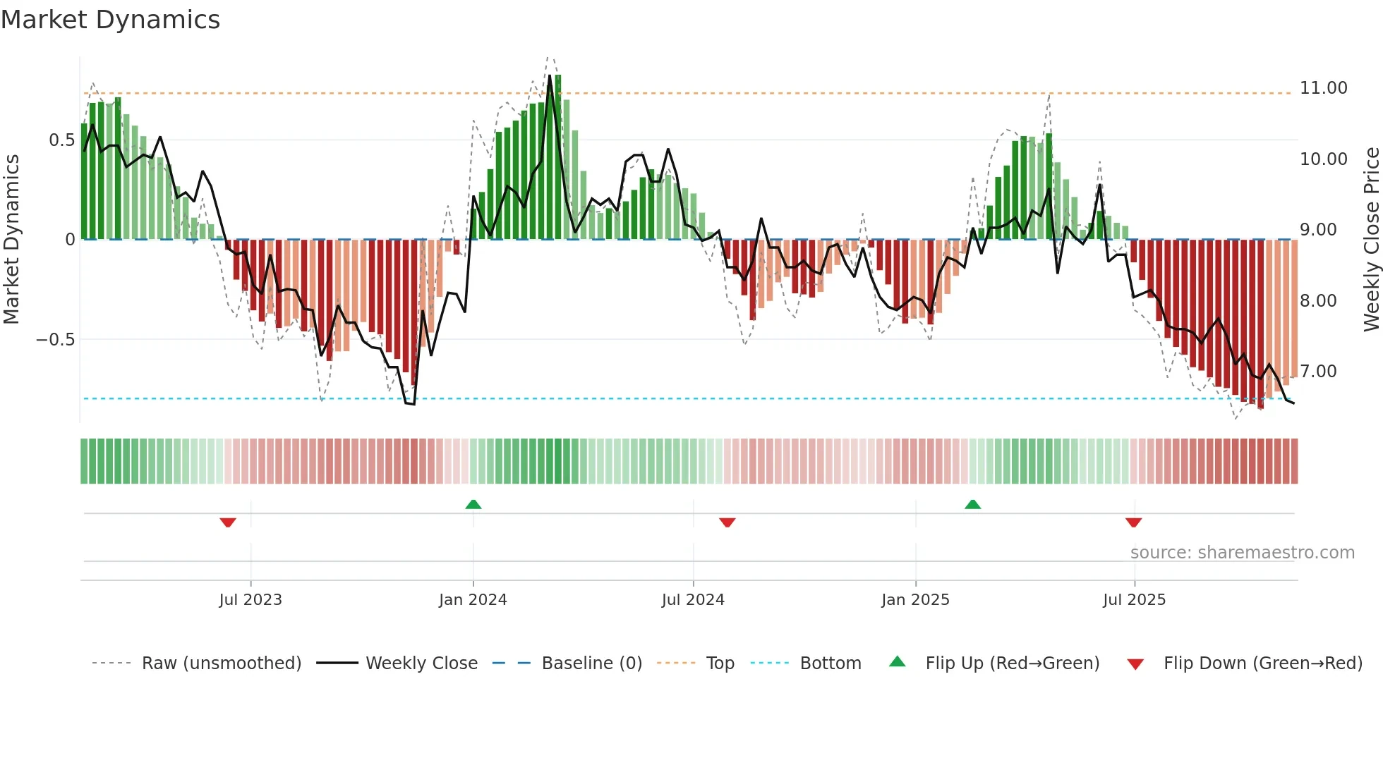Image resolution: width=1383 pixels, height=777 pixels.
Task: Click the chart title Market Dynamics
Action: pos(110,20)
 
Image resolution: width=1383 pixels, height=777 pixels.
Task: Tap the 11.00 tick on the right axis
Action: pos(1323,88)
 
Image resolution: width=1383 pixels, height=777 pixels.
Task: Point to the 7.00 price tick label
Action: pos(1318,372)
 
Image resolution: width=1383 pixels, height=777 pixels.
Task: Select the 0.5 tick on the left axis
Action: pos(61,140)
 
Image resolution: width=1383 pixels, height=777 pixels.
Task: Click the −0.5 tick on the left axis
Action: pos(56,340)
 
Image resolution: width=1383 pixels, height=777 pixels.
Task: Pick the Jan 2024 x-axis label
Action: pos(472,600)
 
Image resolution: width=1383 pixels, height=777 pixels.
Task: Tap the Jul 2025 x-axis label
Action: pos(1134,600)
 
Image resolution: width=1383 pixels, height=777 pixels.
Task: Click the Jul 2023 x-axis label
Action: pos(250,600)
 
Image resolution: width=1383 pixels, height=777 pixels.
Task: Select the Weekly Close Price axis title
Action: pos(1371,239)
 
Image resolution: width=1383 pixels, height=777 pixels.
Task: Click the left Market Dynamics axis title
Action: pos(11,239)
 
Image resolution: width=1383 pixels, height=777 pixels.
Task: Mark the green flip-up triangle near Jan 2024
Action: pos(473,504)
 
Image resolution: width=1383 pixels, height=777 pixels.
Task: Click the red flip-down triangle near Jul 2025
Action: pos(1134,522)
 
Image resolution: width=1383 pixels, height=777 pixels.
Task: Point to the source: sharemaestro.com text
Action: pos(1242,553)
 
